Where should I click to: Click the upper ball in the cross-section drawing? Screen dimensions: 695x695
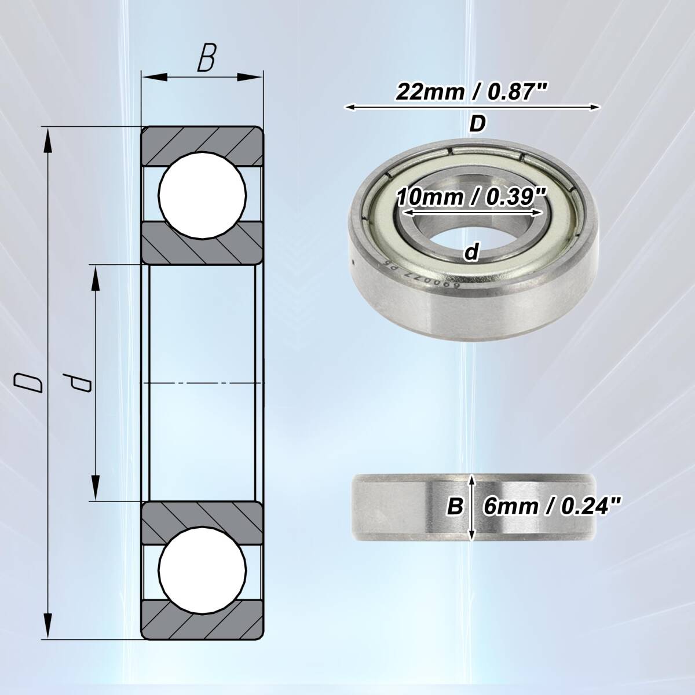(x=203, y=195)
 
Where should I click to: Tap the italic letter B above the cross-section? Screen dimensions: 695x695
(x=207, y=58)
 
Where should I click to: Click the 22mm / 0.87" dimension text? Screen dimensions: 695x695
(x=472, y=92)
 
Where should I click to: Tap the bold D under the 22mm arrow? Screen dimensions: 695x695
(x=477, y=124)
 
